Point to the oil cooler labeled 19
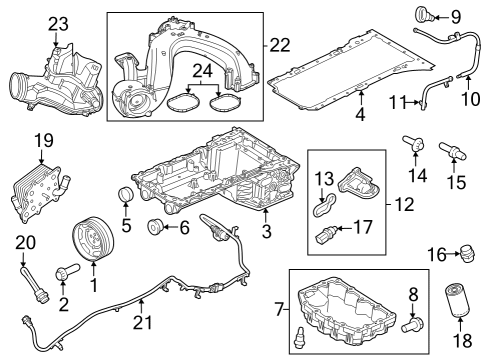point(39,190)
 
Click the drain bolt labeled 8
point(413,324)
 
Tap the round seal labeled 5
point(126,193)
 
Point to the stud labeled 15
point(452,153)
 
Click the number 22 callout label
point(279,44)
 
